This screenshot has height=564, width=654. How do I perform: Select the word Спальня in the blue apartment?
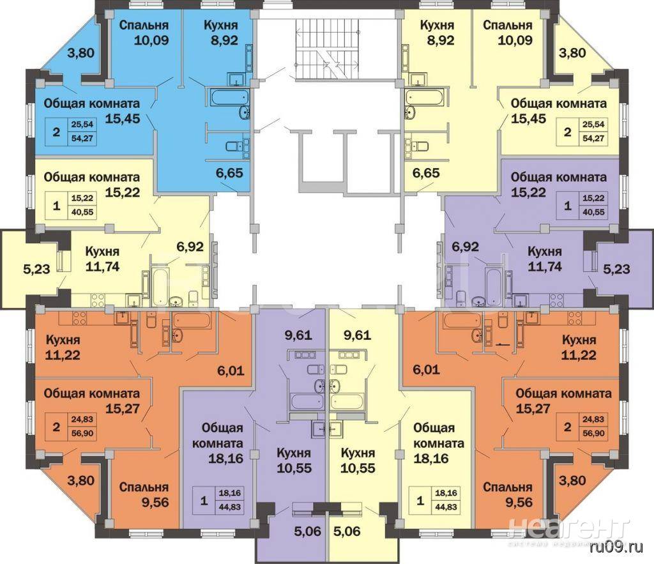144,25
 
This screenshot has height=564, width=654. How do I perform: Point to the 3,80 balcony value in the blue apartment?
81,53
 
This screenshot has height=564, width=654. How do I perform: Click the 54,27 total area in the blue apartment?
82,139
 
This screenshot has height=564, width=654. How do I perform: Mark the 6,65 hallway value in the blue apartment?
229,172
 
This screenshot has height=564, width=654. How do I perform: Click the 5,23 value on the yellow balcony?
36,269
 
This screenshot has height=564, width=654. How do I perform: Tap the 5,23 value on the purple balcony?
617,269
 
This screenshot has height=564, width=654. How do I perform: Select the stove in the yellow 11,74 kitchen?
98,300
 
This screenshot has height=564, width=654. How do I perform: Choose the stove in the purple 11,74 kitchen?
557,300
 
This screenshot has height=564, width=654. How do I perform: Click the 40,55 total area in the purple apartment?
593,212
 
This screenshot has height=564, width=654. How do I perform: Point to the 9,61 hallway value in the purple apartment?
298,335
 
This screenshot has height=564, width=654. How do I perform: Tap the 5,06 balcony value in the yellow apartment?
347,531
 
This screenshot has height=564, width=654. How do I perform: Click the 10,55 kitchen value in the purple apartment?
294,468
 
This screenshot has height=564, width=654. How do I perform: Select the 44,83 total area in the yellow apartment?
446,507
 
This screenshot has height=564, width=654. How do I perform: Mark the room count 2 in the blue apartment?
56,132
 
